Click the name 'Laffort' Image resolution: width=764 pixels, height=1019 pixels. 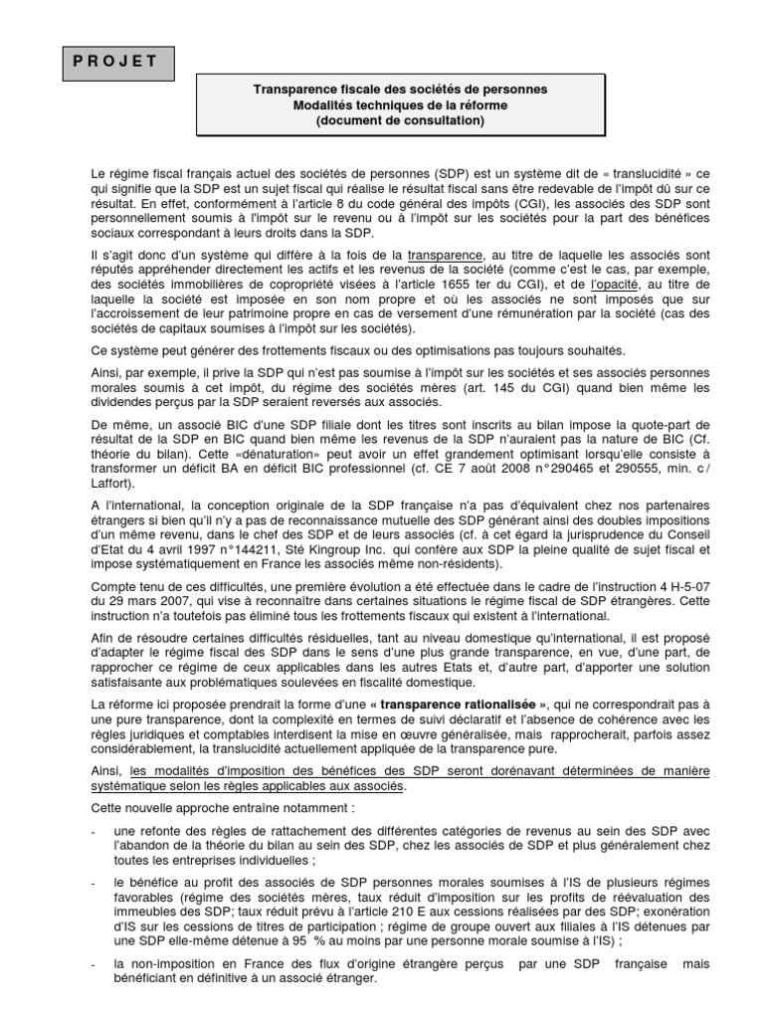pyautogui.click(x=112, y=488)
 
